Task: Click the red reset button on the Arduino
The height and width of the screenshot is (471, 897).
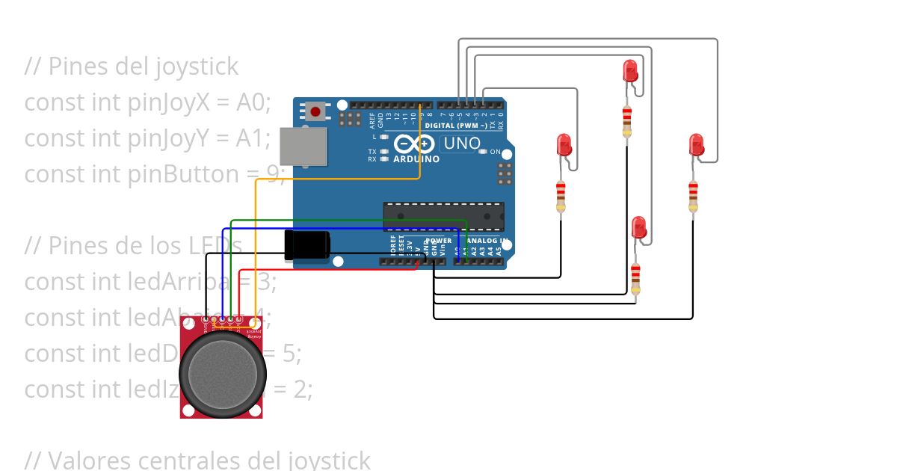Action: [x=315, y=112]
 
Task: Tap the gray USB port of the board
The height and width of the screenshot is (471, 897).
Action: [x=303, y=147]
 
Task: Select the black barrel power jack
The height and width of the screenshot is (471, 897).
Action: [x=307, y=245]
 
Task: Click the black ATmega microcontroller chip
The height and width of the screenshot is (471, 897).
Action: [x=443, y=215]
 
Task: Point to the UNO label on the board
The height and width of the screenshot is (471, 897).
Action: [x=461, y=143]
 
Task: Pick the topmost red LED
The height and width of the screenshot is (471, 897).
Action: [x=630, y=71]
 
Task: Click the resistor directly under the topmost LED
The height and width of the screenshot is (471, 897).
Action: [x=626, y=121]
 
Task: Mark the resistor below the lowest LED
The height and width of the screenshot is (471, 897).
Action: [x=635, y=279]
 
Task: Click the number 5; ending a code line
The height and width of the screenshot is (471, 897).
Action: [x=292, y=354]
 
